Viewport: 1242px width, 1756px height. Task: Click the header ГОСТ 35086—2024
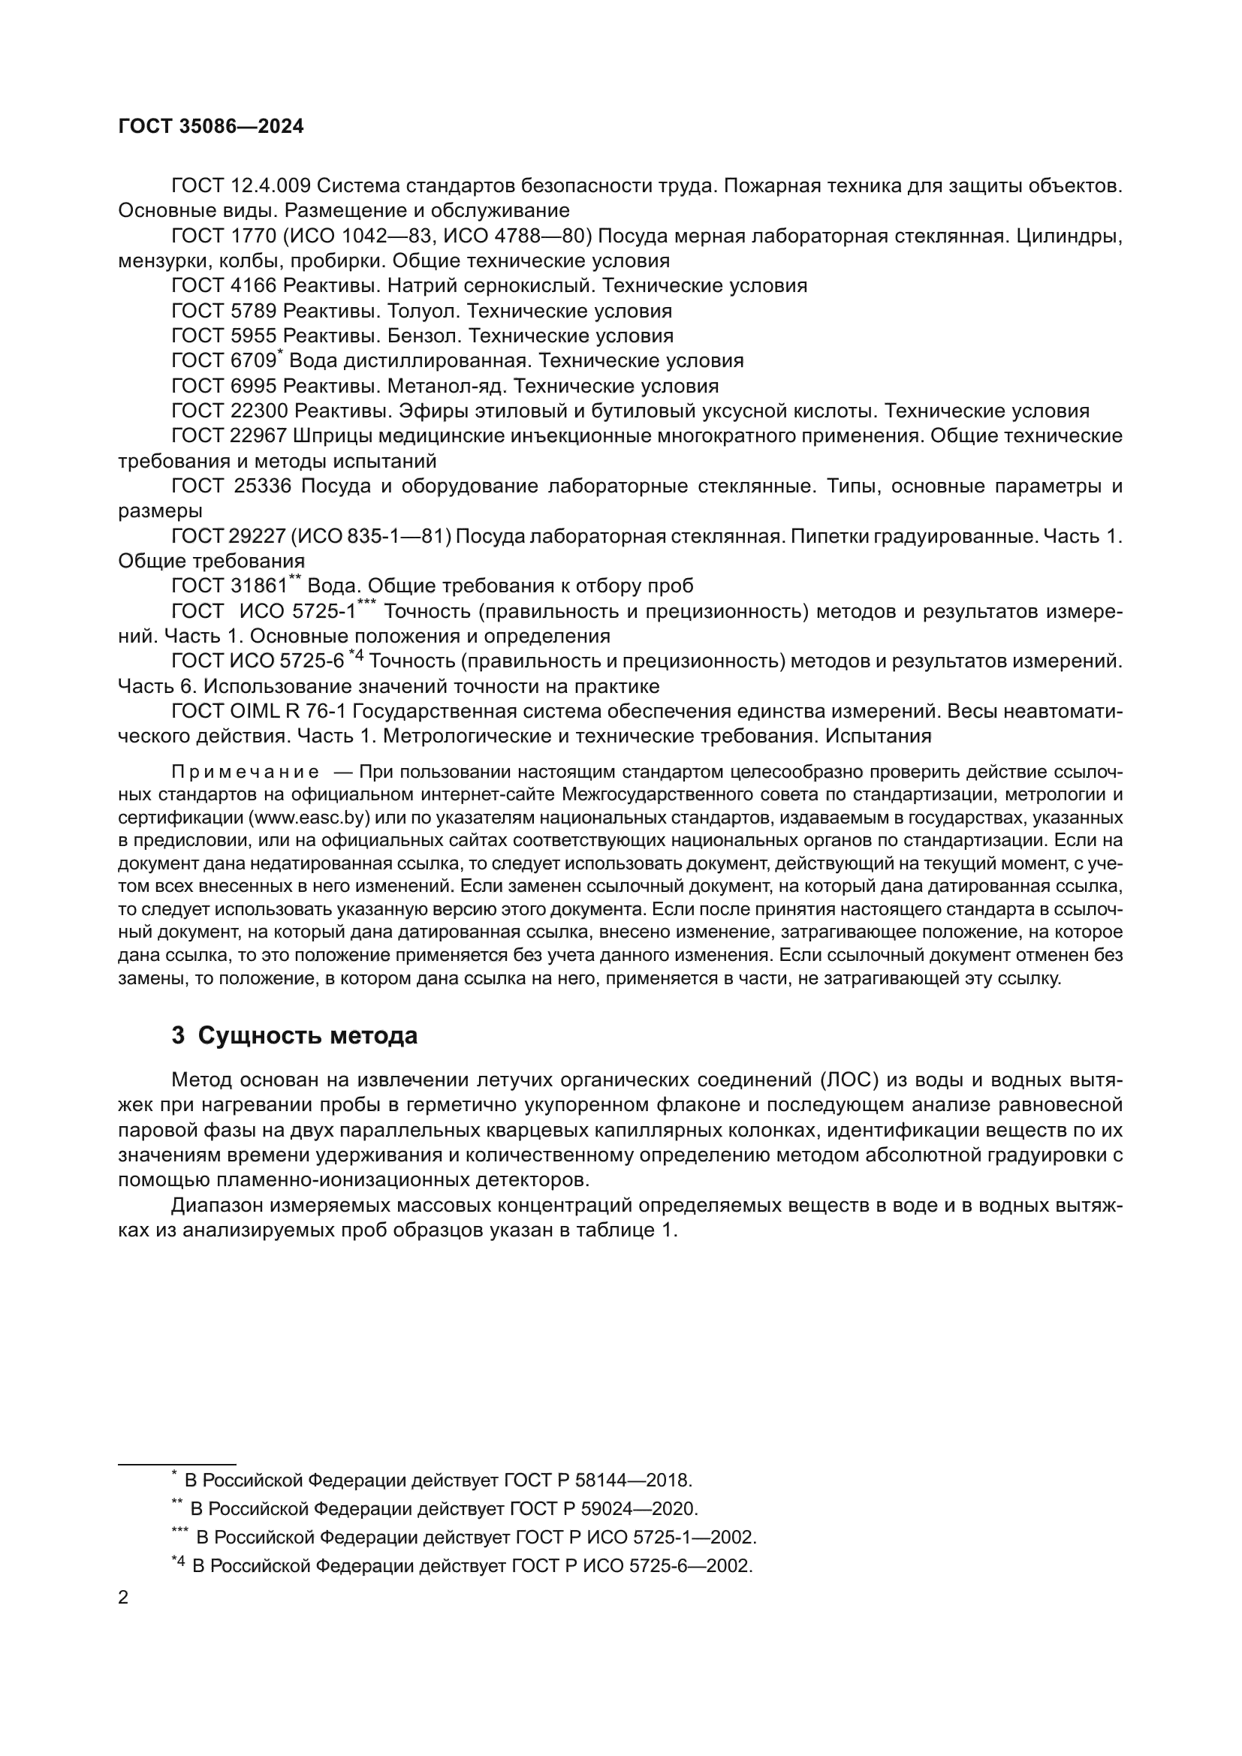[211, 126]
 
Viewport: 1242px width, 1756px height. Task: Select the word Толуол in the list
[424, 312]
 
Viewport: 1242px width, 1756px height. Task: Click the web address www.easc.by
[309, 818]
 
